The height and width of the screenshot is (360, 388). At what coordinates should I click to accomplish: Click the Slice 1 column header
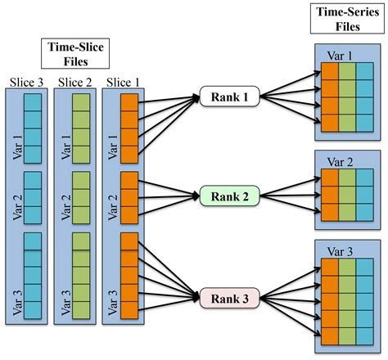124,82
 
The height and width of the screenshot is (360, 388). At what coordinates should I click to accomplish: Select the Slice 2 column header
75,82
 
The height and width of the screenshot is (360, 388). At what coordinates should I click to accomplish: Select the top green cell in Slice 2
82,102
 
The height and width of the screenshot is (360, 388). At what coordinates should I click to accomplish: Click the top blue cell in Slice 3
33,102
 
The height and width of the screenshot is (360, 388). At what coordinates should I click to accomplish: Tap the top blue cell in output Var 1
364,72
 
